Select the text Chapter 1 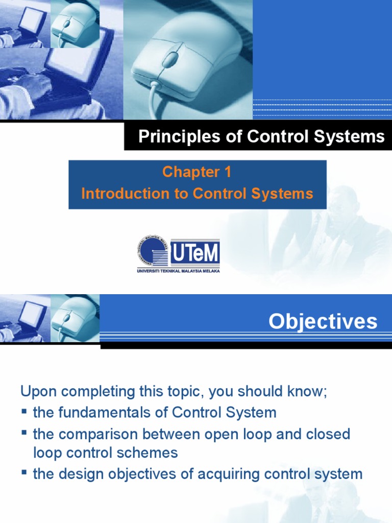pyautogui.click(x=197, y=173)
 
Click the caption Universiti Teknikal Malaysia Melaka pyautogui.click(x=178, y=271)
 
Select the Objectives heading pyautogui.click(x=323, y=321)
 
